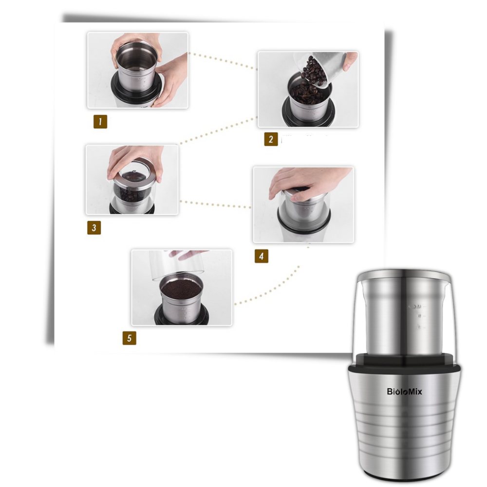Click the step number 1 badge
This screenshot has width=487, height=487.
100,122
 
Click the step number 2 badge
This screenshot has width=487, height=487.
271,139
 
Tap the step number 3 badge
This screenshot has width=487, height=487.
94,227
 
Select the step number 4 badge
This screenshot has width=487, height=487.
261,256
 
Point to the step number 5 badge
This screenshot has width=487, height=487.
129,338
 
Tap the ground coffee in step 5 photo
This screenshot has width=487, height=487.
181,291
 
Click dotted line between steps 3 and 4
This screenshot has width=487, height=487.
214,204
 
